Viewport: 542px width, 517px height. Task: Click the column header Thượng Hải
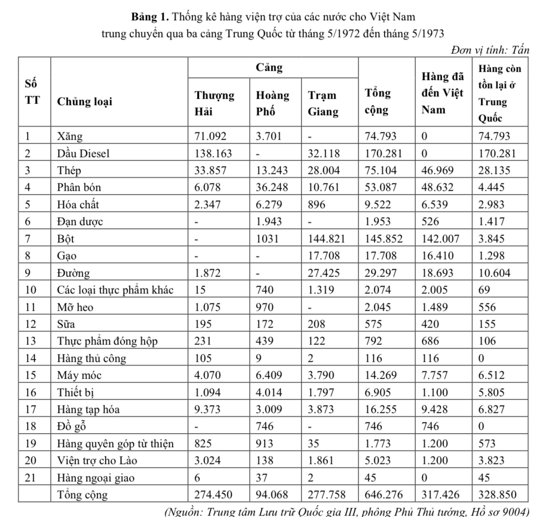(214, 103)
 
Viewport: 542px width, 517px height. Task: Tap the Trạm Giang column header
(323, 103)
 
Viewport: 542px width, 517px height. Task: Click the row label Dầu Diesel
(83, 153)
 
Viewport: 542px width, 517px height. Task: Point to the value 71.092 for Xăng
(210, 136)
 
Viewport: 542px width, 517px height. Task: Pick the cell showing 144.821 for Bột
(324, 239)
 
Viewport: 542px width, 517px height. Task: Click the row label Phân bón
(79, 187)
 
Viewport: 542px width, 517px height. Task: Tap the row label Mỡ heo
(75, 307)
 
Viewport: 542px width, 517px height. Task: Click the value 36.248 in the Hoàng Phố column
(272, 187)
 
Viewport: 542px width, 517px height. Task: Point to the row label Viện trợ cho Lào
(97, 461)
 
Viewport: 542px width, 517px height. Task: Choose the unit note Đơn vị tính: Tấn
(490, 50)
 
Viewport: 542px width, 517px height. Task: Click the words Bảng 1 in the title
(150, 17)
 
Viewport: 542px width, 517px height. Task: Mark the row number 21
(30, 477)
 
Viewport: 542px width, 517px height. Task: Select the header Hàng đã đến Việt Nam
(442, 93)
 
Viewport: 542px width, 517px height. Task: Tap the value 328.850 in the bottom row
(497, 494)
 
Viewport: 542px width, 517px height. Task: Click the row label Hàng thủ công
(91, 358)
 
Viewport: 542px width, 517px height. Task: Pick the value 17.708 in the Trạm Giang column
(324, 255)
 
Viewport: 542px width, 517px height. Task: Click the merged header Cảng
(269, 67)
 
